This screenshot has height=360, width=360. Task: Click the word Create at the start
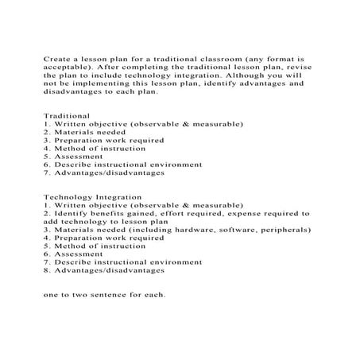(56, 59)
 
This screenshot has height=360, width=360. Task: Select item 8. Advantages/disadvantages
(103, 269)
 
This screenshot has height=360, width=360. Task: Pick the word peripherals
(282, 229)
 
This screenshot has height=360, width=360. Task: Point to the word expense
(249, 212)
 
